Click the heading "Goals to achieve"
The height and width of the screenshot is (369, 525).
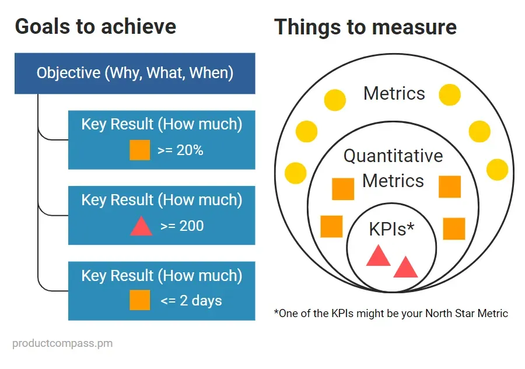click(95, 27)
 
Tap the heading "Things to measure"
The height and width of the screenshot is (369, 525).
click(365, 27)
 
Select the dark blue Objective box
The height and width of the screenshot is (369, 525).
click(135, 73)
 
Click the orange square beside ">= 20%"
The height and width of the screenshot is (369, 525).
click(140, 150)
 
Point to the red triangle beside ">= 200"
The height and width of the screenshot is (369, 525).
click(141, 226)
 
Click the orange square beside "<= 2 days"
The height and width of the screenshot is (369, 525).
click(140, 301)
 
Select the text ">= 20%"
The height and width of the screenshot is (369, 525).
click(180, 150)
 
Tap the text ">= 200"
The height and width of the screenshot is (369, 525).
click(182, 226)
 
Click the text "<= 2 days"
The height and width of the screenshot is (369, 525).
click(191, 301)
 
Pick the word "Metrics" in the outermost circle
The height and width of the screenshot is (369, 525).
click(394, 93)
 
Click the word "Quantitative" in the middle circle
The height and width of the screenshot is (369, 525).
click(393, 156)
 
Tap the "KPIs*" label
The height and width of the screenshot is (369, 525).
click(391, 230)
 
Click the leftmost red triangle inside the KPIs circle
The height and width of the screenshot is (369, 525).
click(378, 256)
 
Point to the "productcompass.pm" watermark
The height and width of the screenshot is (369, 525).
click(62, 343)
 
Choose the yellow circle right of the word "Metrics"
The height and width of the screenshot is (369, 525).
click(450, 94)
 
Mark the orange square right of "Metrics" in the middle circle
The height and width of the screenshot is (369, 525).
click(449, 187)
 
